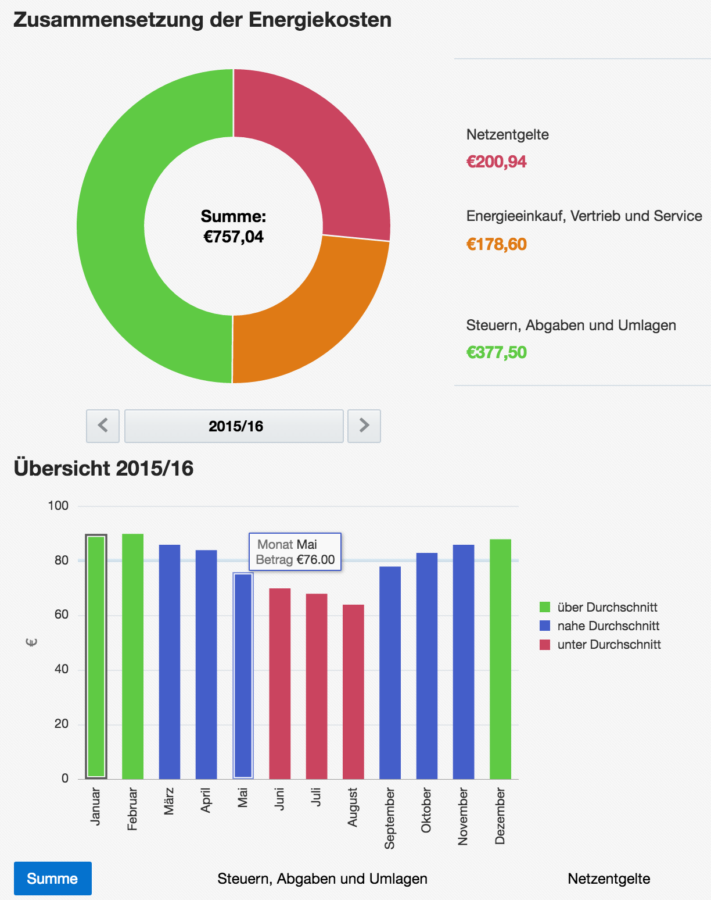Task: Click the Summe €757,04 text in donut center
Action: tap(234, 227)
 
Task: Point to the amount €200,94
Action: tap(497, 162)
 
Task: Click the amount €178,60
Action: tap(497, 244)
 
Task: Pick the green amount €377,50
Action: tap(497, 352)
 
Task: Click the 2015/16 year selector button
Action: tap(234, 426)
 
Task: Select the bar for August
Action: tap(353, 692)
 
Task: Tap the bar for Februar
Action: tap(132, 657)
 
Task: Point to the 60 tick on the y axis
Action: tap(62, 615)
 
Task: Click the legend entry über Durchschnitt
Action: tap(607, 608)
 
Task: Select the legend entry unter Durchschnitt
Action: tap(609, 645)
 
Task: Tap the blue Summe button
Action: tap(53, 878)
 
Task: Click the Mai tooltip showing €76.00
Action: tap(295, 552)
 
